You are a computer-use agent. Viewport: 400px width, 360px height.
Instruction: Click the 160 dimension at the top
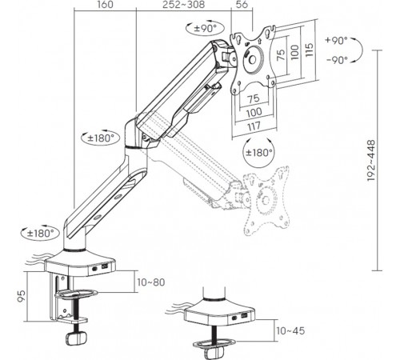(x=105, y=5)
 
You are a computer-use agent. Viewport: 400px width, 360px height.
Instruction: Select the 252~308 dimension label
(x=184, y=5)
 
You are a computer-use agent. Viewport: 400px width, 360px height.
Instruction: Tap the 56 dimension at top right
(x=242, y=5)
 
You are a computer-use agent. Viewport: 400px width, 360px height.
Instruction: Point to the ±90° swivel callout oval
(x=205, y=28)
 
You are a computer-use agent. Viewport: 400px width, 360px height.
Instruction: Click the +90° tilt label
(x=336, y=41)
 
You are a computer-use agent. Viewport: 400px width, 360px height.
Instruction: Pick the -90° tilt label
(x=338, y=60)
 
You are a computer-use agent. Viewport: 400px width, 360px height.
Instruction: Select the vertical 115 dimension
(x=309, y=50)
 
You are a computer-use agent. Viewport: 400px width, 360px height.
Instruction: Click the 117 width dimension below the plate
(x=254, y=126)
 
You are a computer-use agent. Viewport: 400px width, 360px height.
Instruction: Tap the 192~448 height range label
(x=371, y=161)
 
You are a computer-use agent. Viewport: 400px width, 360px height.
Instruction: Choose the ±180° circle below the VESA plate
(x=259, y=153)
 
